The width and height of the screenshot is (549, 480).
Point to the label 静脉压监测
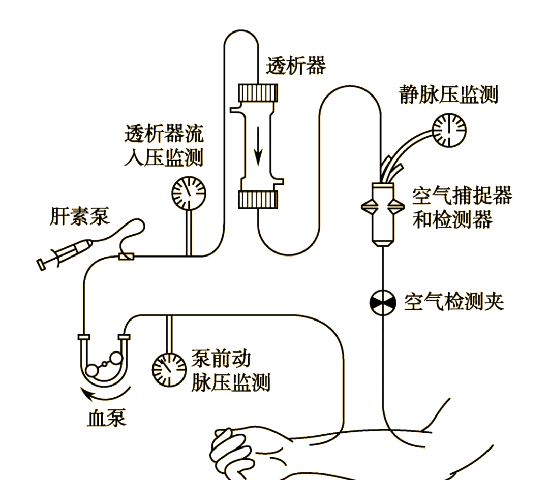pyautogui.click(x=448, y=94)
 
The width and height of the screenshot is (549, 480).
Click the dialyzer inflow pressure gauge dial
pyautogui.click(x=189, y=193)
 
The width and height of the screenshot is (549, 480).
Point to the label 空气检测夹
pyautogui.click(x=453, y=302)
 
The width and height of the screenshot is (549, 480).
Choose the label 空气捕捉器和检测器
pyautogui.click(x=462, y=208)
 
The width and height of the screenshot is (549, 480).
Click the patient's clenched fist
pyautogui.click(x=231, y=447)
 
